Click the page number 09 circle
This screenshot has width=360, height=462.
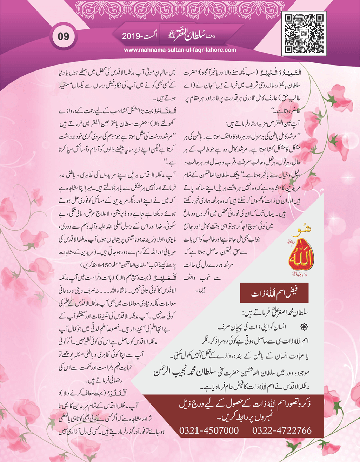coord(64,36)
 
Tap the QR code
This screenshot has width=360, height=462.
coord(304,33)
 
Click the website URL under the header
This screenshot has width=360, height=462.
coord(180,50)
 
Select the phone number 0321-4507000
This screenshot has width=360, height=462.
coord(209,430)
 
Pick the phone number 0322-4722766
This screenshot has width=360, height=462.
coord(282,430)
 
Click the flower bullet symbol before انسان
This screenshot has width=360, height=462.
coord(304,327)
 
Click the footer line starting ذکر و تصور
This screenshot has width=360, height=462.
coord(246,405)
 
